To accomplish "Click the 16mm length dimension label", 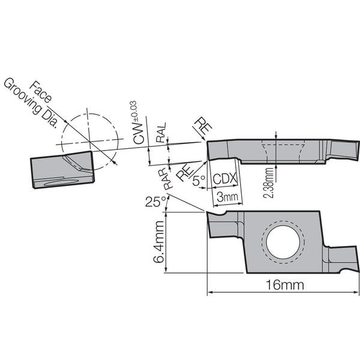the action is point(284,285).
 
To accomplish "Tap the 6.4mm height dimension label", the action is point(158,242).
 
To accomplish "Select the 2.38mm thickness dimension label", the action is point(268,183).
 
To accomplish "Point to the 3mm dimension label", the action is point(227,197).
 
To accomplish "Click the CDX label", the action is point(225,179).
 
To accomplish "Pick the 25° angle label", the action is point(155,202).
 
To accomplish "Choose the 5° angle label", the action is point(199,181).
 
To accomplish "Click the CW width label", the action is point(139,133).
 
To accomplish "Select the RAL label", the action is point(161,133).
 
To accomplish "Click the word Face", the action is point(40,92).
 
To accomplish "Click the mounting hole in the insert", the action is point(283,242).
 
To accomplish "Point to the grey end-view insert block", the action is point(62,169).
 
